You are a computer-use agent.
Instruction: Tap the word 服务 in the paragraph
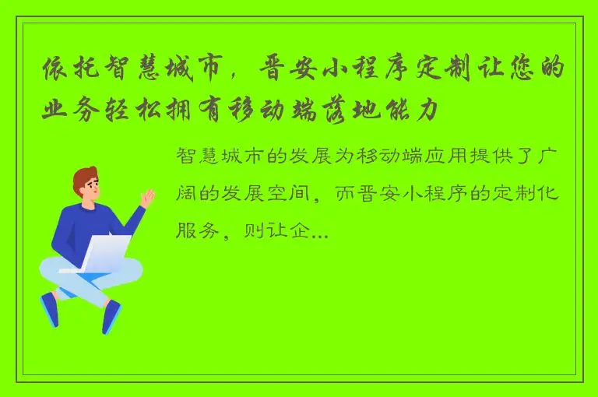(x=196, y=230)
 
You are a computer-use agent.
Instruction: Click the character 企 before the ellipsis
(x=307, y=230)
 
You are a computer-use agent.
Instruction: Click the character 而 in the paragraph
(x=343, y=193)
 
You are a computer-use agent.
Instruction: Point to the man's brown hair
(x=86, y=177)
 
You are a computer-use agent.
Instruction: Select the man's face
(x=91, y=188)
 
